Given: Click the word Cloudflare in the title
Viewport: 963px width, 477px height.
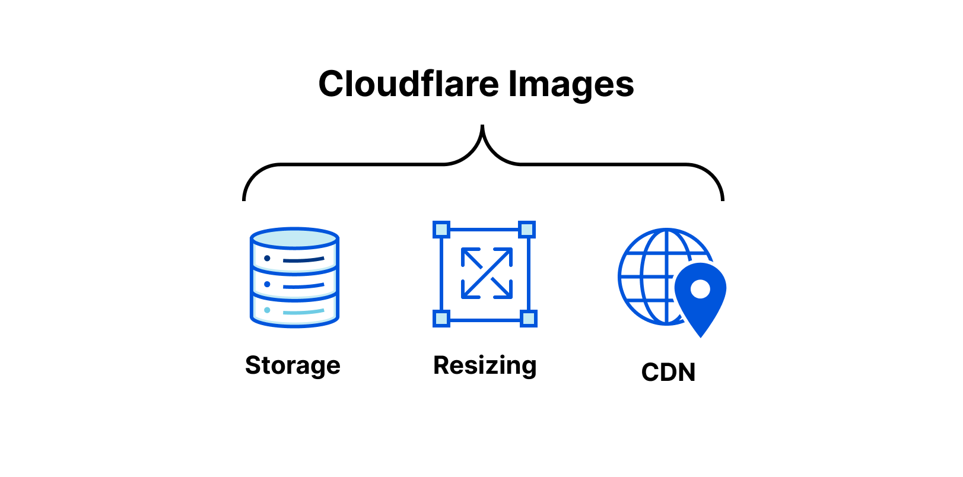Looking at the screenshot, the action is tap(408, 84).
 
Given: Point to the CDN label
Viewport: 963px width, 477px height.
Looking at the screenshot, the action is tap(668, 373).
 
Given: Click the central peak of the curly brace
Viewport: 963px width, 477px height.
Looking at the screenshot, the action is tap(482, 126).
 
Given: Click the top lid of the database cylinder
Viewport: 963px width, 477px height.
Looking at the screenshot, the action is tap(295, 238).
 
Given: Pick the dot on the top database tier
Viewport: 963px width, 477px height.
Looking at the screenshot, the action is tap(267, 258).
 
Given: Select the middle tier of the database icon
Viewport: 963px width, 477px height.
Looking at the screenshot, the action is tap(295, 284).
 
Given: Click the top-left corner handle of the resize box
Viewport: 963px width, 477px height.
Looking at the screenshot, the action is tap(441, 230).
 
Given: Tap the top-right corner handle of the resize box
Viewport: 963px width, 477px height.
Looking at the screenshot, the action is tap(527, 230).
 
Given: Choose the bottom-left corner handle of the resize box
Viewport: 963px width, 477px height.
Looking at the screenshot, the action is tap(441, 319).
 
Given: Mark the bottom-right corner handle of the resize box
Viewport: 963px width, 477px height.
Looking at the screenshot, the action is tap(528, 319).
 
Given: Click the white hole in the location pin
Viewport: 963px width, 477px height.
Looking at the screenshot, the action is tap(701, 290).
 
